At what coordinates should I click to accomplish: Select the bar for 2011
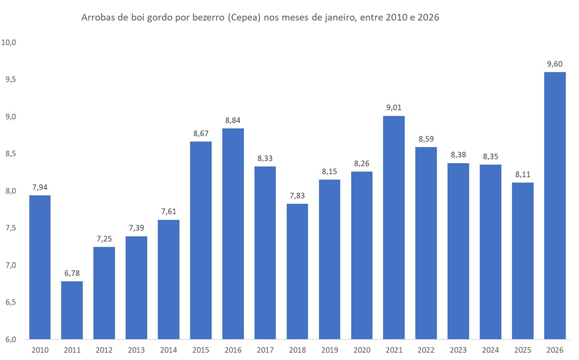tap(72, 310)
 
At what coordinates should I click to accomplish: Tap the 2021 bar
tap(393, 227)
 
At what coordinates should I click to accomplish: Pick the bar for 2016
tap(233, 234)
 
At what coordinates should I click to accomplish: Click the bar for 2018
tap(297, 271)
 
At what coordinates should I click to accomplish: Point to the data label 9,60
tap(554, 64)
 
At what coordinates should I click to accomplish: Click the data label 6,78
tap(72, 274)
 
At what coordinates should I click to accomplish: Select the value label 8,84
tap(233, 120)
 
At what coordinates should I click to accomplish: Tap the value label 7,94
tap(40, 187)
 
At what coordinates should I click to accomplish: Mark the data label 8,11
tap(522, 175)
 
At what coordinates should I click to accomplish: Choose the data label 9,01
tap(393, 108)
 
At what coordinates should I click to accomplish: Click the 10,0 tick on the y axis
tap(10, 42)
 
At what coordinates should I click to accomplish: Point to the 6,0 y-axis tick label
tap(10, 339)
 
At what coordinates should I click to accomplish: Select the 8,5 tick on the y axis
tap(10, 153)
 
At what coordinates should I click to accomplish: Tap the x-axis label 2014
tap(168, 350)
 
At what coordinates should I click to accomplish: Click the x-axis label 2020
tap(361, 350)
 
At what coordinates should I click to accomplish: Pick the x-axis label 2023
tap(458, 350)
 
